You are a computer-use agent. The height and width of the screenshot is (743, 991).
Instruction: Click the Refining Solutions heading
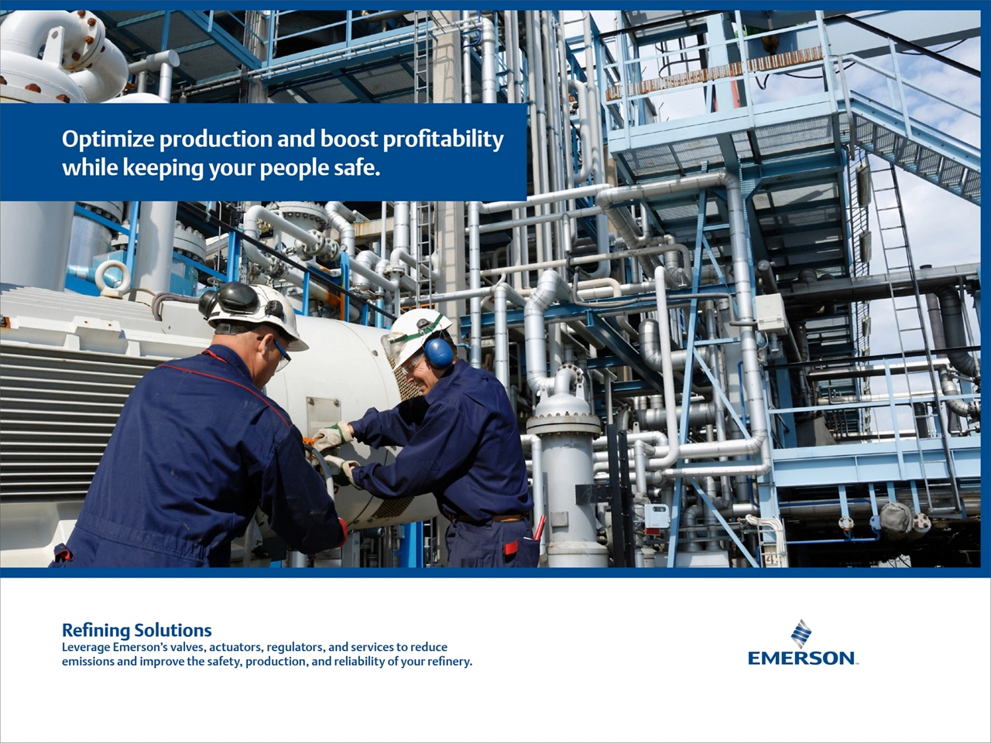coord(136,630)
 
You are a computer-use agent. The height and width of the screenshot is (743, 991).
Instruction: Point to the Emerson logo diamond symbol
coord(801,633)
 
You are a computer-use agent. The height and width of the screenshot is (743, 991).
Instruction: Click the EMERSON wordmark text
coord(801,658)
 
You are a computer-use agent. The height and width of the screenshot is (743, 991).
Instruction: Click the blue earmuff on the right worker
coord(438,351)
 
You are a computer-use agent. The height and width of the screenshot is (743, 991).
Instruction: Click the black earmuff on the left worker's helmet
coord(232,298)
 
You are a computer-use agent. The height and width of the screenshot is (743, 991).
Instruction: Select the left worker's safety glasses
coord(280,352)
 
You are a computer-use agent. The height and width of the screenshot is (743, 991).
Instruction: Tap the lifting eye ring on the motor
coord(114,276)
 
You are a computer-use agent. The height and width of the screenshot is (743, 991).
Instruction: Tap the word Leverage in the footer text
coord(85,647)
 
